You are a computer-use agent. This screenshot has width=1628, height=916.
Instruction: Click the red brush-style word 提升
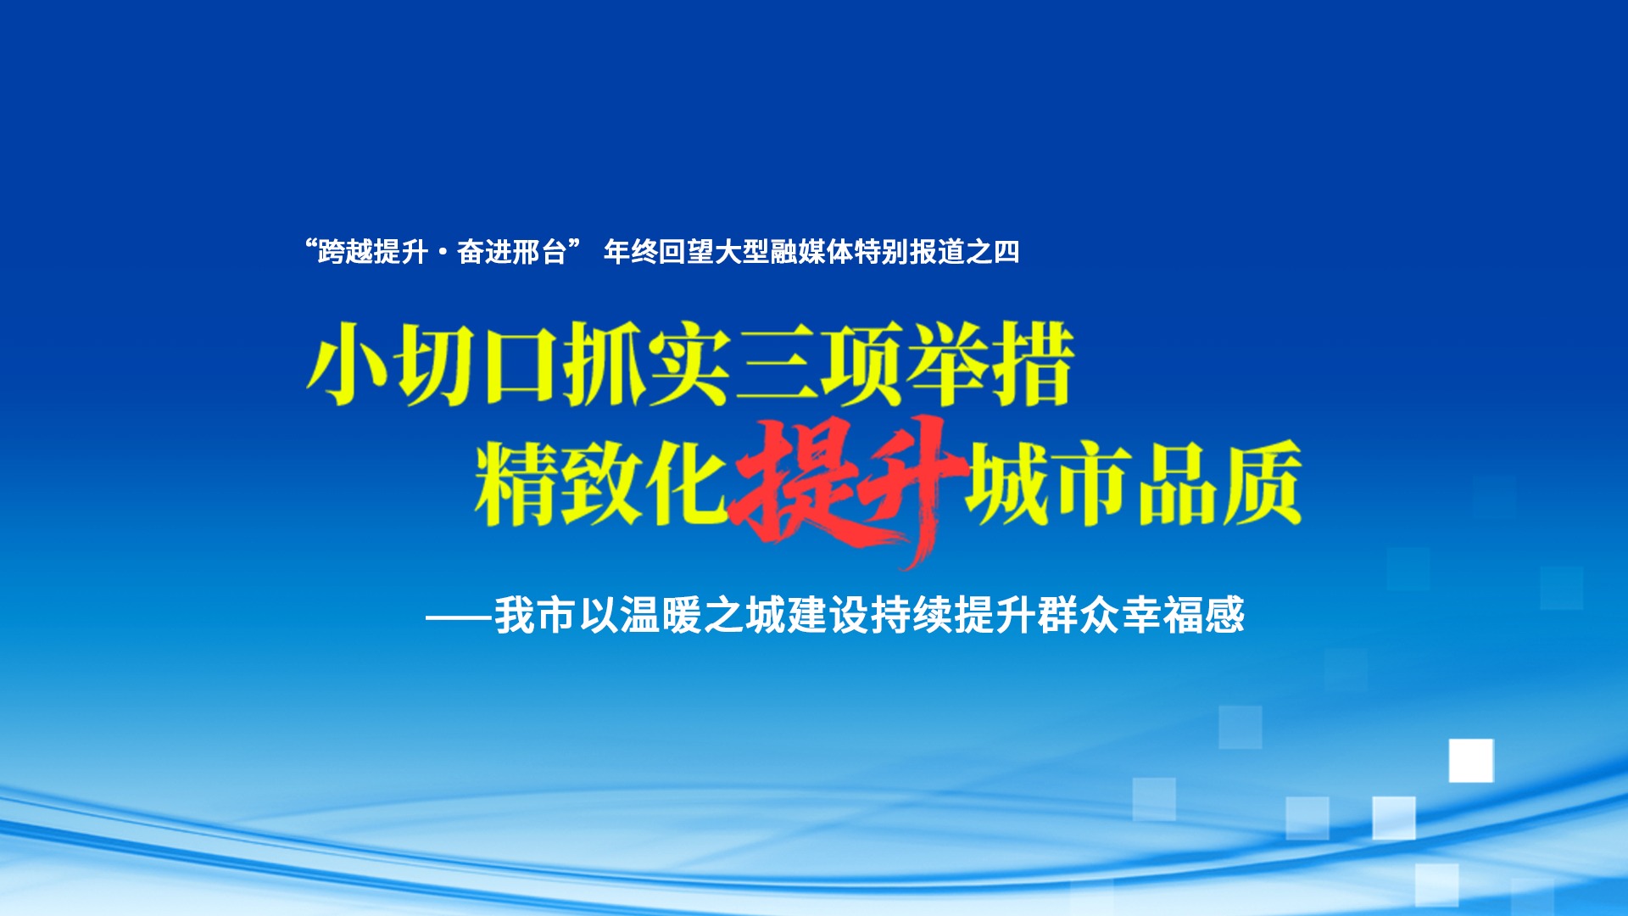tap(848, 483)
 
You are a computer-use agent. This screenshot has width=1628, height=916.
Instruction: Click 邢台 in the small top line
tap(539, 252)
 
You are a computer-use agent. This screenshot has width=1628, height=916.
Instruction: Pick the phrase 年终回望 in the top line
tap(658, 252)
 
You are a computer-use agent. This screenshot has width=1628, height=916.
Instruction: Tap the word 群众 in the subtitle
tap(1079, 615)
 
